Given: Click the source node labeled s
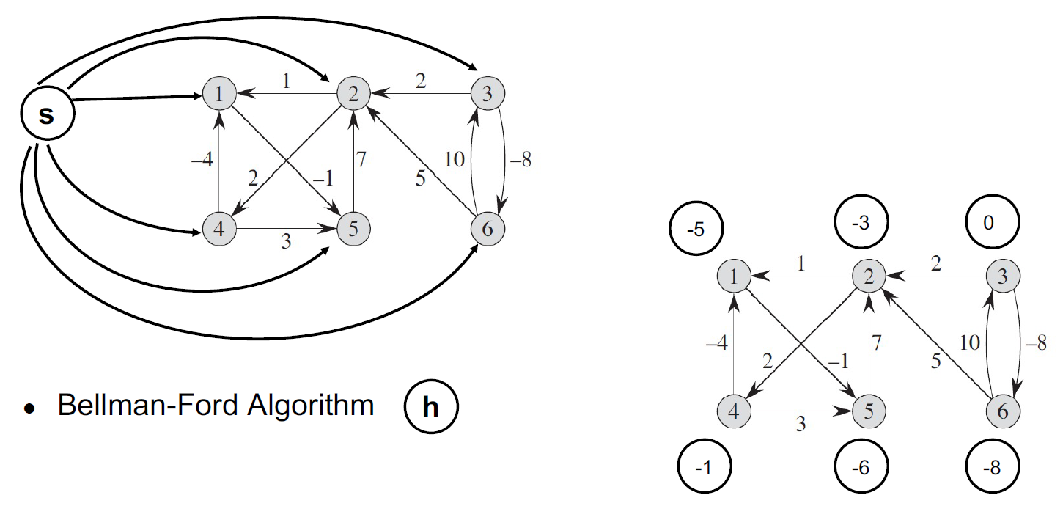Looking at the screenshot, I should pyautogui.click(x=45, y=116).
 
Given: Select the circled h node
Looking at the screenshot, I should pyautogui.click(x=430, y=407).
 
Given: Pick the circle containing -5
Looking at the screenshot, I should pyautogui.click(x=696, y=230).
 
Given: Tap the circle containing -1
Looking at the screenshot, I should pyautogui.click(x=702, y=468).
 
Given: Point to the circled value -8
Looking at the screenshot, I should pyautogui.click(x=993, y=468).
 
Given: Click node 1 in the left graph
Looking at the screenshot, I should pyautogui.click(x=221, y=94).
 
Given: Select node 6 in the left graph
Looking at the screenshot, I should pyautogui.click(x=488, y=230).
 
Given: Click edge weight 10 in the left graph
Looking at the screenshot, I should pyautogui.click(x=454, y=159).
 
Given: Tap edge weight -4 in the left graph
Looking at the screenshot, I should pyautogui.click(x=202, y=160).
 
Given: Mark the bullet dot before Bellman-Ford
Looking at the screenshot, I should pyautogui.click(x=29, y=408).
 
